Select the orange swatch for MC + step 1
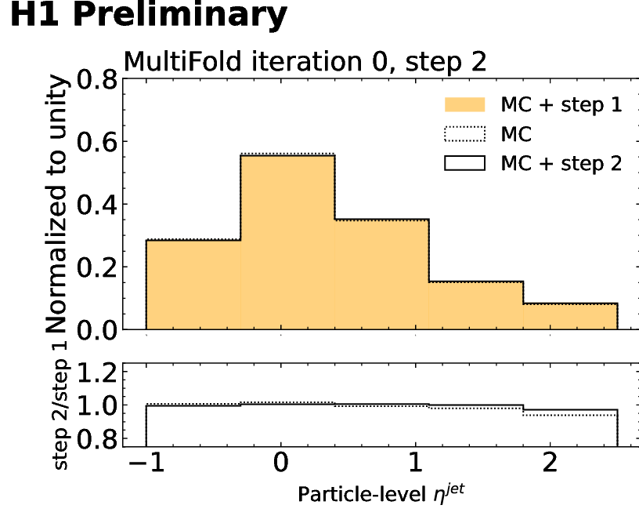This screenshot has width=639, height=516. (x=464, y=106)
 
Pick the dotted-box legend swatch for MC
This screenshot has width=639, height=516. (x=464, y=135)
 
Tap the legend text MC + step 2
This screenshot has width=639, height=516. (x=561, y=163)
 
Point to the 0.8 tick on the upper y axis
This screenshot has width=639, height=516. (x=94, y=79)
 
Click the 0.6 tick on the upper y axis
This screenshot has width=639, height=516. (x=94, y=142)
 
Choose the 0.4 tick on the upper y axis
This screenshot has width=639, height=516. (x=94, y=205)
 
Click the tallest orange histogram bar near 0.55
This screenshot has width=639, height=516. (x=287, y=243)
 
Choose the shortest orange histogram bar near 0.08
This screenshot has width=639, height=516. (x=570, y=316)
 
